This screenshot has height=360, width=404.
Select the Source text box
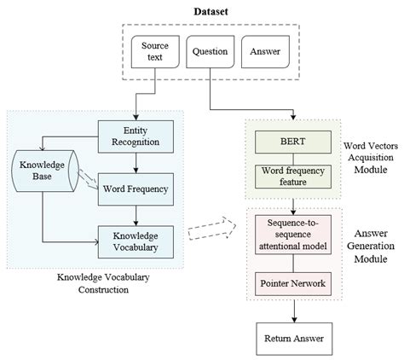tap(154, 51)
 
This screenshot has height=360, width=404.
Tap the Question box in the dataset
tap(208, 51)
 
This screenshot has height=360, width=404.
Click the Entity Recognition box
tap(136, 134)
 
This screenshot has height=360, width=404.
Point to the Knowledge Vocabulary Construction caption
tap(94, 283)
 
